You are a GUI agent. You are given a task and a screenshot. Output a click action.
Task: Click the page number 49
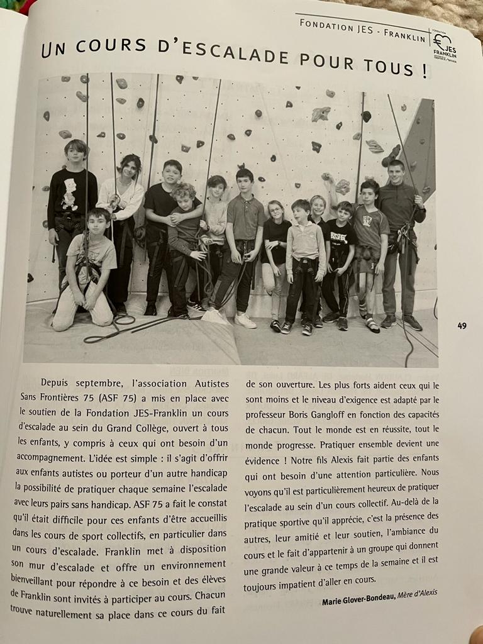pyautogui.click(x=462, y=325)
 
